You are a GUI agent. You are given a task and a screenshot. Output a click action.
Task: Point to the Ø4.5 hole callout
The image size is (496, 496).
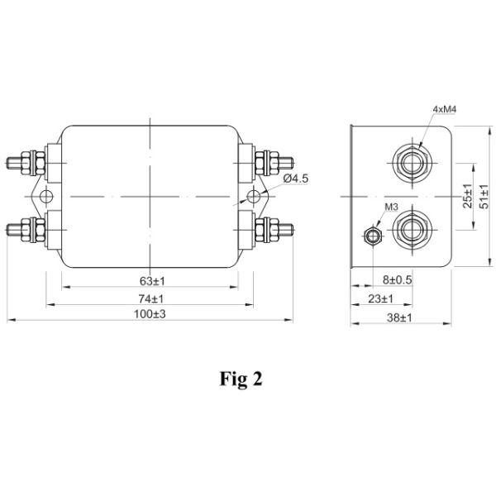tap(295, 179)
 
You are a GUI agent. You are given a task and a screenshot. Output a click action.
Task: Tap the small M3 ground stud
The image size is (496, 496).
tap(374, 237)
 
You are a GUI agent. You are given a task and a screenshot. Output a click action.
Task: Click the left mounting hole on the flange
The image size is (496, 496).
tap(45, 196)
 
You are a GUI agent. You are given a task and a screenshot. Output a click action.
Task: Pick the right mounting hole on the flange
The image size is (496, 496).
tap(253, 196)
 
